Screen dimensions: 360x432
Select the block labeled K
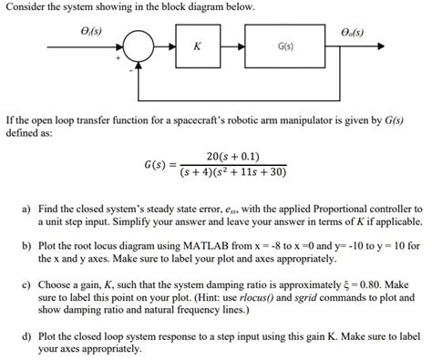pos(198,45)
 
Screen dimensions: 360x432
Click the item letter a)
pos(27,209)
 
